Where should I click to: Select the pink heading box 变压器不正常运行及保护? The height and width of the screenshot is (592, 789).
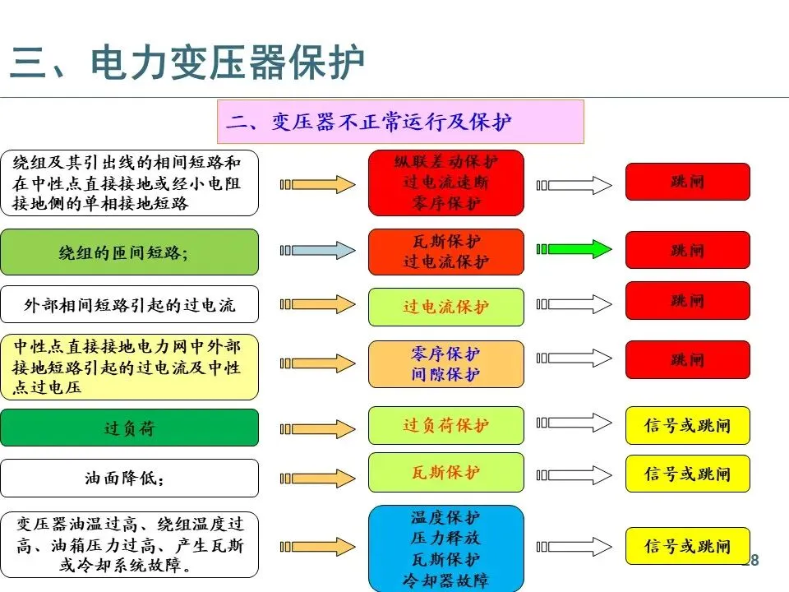click(399, 123)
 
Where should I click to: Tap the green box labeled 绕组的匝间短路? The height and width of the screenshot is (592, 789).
click(129, 252)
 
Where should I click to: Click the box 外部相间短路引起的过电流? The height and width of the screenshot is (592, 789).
click(129, 305)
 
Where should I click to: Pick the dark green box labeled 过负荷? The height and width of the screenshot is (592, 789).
click(129, 428)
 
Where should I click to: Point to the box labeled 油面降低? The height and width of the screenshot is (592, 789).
click(129, 478)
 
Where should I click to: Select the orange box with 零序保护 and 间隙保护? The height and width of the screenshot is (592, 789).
click(445, 364)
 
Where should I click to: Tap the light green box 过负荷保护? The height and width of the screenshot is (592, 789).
click(445, 425)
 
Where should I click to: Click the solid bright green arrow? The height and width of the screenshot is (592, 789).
click(574, 249)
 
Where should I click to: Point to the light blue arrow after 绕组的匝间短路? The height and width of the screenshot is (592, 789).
click(317, 250)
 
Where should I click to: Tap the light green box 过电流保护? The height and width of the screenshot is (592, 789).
click(445, 307)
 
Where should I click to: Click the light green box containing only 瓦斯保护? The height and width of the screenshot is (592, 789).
click(445, 473)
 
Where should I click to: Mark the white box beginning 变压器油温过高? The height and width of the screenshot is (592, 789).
click(129, 545)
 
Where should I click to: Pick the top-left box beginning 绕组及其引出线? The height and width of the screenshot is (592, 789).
click(129, 183)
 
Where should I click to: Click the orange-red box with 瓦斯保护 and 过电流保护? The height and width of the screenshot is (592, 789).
click(445, 252)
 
